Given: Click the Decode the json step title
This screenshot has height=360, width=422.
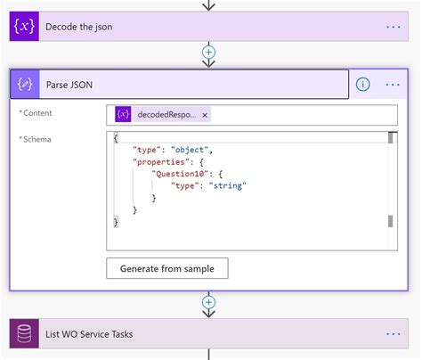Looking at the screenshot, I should pos(79,27).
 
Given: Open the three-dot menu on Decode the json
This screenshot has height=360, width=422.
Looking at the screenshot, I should pos(393,27).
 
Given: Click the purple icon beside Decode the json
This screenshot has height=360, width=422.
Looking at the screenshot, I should pos(24,27).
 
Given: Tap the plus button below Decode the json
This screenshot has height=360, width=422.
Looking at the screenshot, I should pos(209,53).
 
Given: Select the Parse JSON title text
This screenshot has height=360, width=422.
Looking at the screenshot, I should pos(69,85).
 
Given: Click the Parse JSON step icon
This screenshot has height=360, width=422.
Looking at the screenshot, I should pos(24,85).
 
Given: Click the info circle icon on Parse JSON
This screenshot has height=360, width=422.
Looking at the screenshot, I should pos(363,85).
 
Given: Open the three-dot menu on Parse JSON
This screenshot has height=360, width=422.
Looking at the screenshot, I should pos(393,85).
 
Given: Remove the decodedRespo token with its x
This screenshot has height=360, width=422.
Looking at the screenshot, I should pos(205,115).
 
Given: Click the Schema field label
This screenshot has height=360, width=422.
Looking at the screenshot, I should pos(37,140).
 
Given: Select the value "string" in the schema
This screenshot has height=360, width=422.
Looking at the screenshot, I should pos(227,185).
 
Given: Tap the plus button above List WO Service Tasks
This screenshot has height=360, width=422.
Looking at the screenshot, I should pos(209,302).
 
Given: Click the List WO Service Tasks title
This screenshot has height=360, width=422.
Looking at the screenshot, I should pos(89,334).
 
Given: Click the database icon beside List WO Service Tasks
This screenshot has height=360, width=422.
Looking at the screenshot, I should pos(24,334).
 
